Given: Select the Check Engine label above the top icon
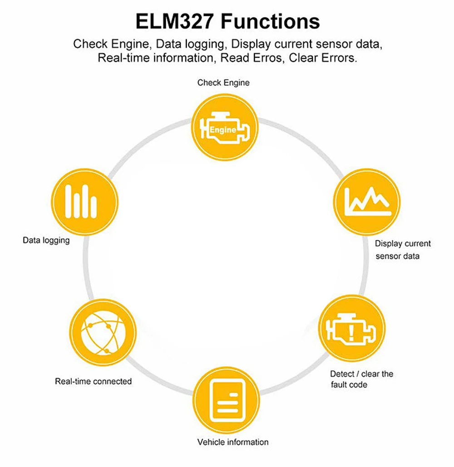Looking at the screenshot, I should pos(223,83).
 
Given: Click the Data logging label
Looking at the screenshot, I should pos(46,240).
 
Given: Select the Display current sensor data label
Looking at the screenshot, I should pos(402,250).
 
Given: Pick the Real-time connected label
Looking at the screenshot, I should pos(93,381).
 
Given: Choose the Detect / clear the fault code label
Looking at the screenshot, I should pos(361,379).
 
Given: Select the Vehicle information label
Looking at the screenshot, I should pos(232,442).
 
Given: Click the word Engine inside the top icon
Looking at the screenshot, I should pos(222,130).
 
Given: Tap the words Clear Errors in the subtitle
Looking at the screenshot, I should pos(323,58).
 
